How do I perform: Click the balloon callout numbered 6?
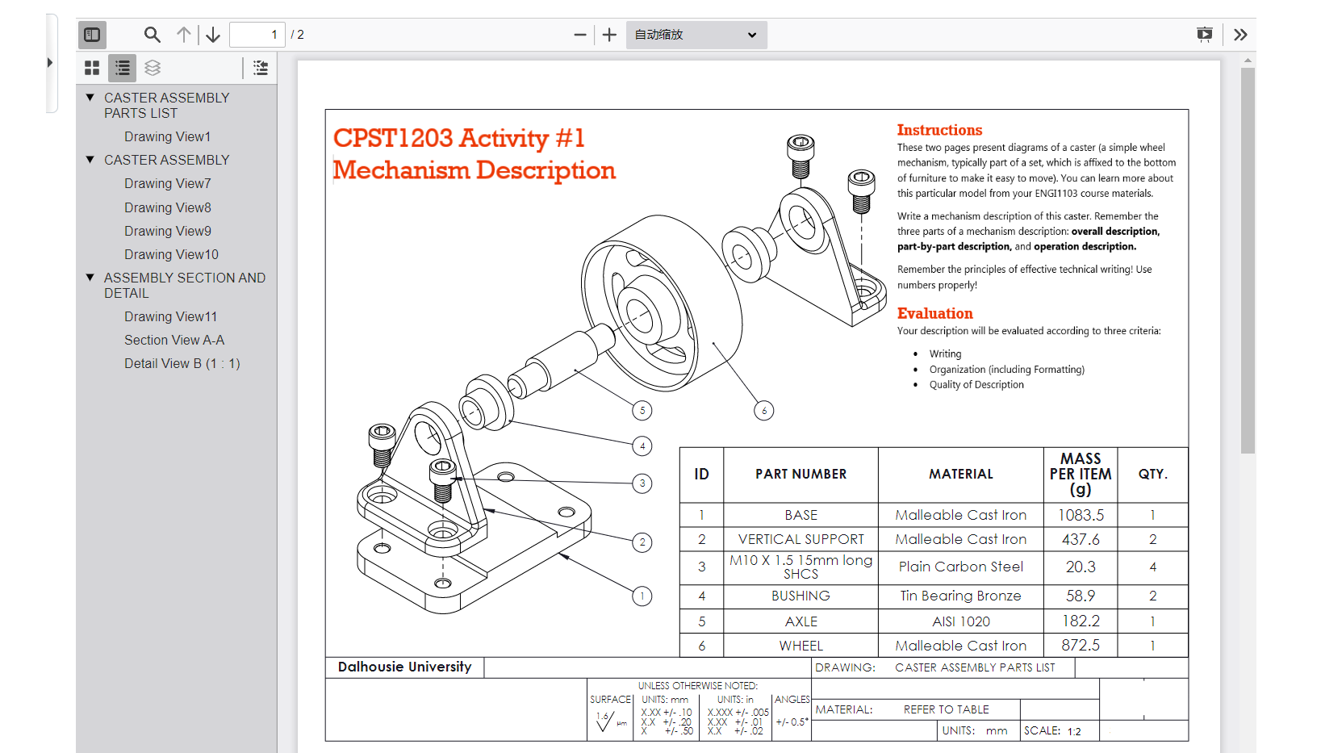(764, 411)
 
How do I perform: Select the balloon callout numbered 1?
(642, 596)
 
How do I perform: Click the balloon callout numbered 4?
(642, 446)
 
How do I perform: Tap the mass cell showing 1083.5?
(1081, 515)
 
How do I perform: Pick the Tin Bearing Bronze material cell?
(960, 596)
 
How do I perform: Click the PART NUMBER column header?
(801, 475)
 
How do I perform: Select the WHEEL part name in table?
(801, 646)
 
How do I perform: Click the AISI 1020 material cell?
(960, 621)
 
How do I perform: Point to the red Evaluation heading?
(934, 313)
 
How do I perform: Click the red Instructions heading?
(939, 130)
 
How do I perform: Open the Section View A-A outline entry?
(174, 340)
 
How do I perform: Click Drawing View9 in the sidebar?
(168, 231)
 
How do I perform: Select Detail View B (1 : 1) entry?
(182, 363)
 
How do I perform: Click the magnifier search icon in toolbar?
(152, 35)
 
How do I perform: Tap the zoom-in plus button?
(609, 35)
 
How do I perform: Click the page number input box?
(257, 35)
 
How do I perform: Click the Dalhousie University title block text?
(404, 667)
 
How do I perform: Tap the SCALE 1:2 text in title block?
(1052, 730)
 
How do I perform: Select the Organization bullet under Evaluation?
(1006, 370)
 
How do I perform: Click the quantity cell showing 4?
(1152, 567)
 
